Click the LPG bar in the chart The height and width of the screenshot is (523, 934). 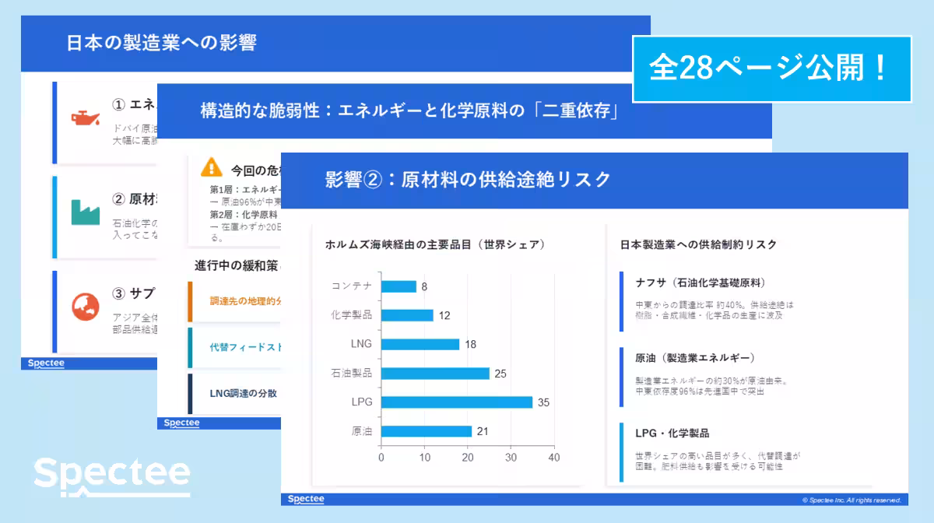457,402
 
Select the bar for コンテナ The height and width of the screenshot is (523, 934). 399,286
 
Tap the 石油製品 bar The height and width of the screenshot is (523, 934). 435,374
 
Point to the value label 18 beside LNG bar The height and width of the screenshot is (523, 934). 470,345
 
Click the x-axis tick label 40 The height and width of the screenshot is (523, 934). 553,458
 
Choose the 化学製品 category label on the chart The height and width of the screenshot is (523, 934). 352,315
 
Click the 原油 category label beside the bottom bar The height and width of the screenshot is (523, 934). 362,431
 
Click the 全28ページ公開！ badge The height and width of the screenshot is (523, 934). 771,69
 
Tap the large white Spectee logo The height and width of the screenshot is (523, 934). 112,475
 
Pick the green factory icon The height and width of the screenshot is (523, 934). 85,212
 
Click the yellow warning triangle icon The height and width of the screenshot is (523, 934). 211,167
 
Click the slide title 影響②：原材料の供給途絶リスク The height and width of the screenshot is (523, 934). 468,180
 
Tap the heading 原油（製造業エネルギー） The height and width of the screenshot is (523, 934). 694,358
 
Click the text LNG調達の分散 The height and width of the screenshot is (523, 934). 243,393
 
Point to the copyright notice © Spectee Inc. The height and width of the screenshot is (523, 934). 851,500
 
